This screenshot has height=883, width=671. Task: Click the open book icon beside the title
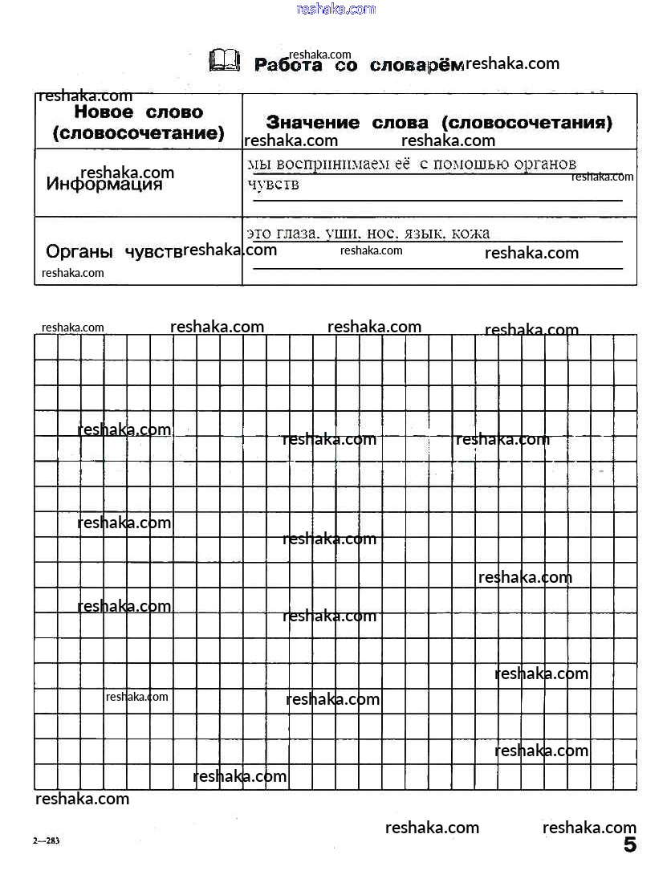pyautogui.click(x=224, y=60)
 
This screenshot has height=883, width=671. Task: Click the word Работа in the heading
pyautogui.click(x=287, y=65)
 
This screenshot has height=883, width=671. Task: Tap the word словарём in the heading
pyautogui.click(x=417, y=66)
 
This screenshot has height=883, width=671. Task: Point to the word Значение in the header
pyautogui.click(x=312, y=123)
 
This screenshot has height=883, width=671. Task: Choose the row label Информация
pyautogui.click(x=104, y=185)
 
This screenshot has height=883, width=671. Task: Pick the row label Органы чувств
pyautogui.click(x=115, y=251)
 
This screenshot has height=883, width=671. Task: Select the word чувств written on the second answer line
pyautogui.click(x=274, y=185)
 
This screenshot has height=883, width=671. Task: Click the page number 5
pyautogui.click(x=629, y=844)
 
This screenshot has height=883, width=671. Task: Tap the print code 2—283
pyautogui.click(x=47, y=841)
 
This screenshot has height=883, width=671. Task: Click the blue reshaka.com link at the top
pyautogui.click(x=335, y=9)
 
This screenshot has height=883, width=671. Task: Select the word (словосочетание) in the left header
pyautogui.click(x=138, y=133)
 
